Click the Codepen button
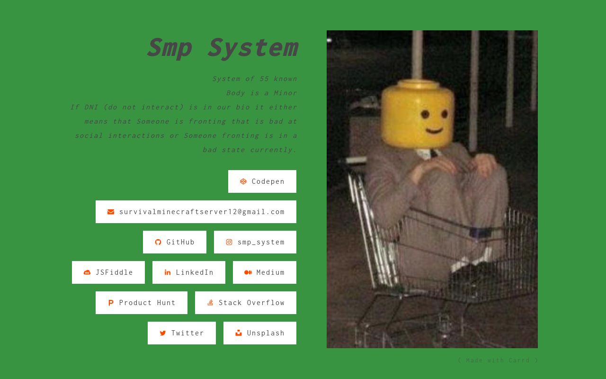262,181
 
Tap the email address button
196,212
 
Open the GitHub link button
175,242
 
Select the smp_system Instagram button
255,242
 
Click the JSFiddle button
108,272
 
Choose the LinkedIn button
189,272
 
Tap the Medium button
265,272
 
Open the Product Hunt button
142,303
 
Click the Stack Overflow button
246,303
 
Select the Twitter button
182,333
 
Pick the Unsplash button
260,333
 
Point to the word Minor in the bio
285,93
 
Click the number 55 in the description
264,79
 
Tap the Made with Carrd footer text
498,361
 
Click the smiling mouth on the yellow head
434,129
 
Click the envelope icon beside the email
111,212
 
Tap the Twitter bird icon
163,333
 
